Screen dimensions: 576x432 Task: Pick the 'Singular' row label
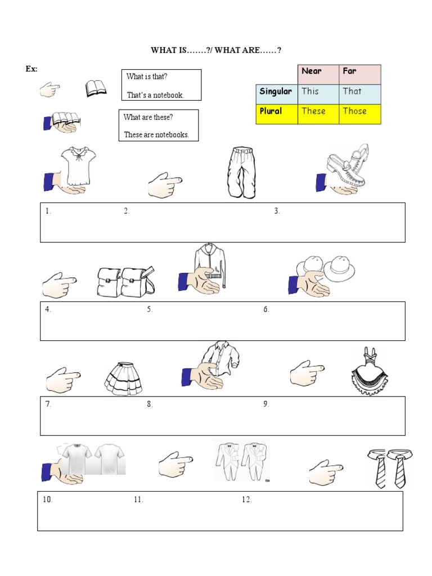point(276,91)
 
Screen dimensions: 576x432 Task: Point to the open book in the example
point(96,89)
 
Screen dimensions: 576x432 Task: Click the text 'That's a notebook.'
point(155,95)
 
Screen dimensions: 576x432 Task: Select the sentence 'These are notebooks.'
point(156,135)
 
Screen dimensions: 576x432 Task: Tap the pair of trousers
point(241,172)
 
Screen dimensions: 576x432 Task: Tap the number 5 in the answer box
point(150,309)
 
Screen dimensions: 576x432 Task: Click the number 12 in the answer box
point(246,499)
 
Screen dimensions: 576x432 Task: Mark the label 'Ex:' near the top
point(31,69)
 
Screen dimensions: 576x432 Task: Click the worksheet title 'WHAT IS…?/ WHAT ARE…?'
point(216,51)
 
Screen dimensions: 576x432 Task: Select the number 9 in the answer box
point(266,404)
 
